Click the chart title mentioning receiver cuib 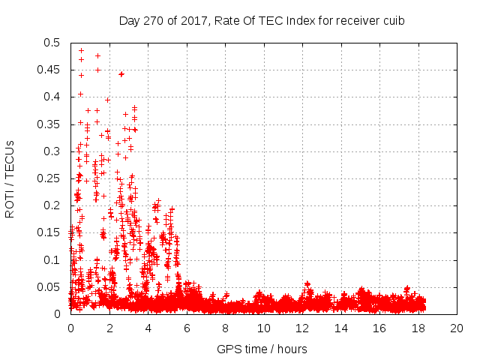coord(262,20)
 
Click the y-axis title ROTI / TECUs coord(10,178)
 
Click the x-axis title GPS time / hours coord(262,349)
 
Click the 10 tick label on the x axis coord(263,328)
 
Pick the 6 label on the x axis coord(187,328)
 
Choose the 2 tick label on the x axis coord(109,328)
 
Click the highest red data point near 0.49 coord(81,51)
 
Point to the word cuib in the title coord(394,20)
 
